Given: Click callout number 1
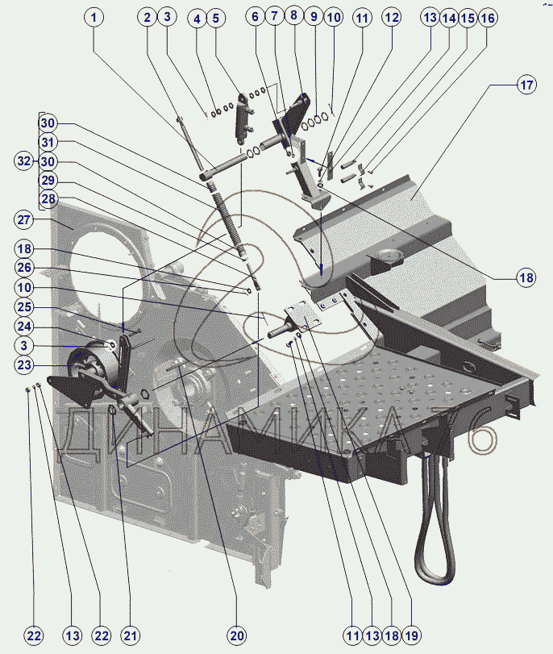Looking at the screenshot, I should [96, 16].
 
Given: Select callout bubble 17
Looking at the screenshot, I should [526, 85].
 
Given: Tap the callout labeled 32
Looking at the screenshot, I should [23, 160].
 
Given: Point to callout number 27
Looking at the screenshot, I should [23, 219].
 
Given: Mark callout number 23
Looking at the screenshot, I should [23, 364].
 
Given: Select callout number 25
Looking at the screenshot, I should [23, 307].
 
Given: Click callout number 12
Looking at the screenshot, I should [391, 16].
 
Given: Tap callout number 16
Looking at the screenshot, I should [488, 16].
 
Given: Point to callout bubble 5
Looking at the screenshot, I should [215, 16].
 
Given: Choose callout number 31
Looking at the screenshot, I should [48, 142].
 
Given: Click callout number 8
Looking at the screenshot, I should [293, 16].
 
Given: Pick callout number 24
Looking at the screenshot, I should [23, 327].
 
